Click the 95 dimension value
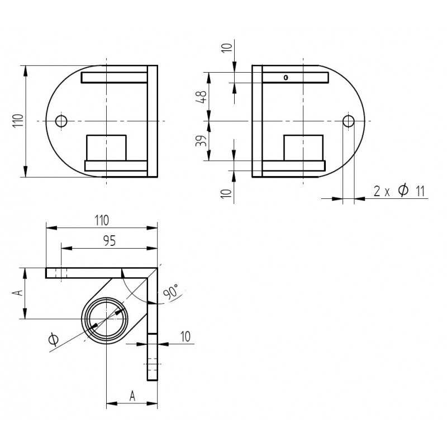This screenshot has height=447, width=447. [110, 241]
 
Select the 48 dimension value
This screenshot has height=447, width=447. [201, 97]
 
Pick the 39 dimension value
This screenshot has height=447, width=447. [201, 141]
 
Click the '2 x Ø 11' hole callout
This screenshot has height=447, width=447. [399, 191]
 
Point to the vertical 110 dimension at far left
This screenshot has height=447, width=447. [18, 121]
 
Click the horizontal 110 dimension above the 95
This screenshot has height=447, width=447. [102, 220]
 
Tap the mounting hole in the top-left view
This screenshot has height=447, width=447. [61, 121]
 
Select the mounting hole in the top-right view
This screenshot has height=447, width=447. [348, 121]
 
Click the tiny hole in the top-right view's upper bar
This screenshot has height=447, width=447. [286, 78]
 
